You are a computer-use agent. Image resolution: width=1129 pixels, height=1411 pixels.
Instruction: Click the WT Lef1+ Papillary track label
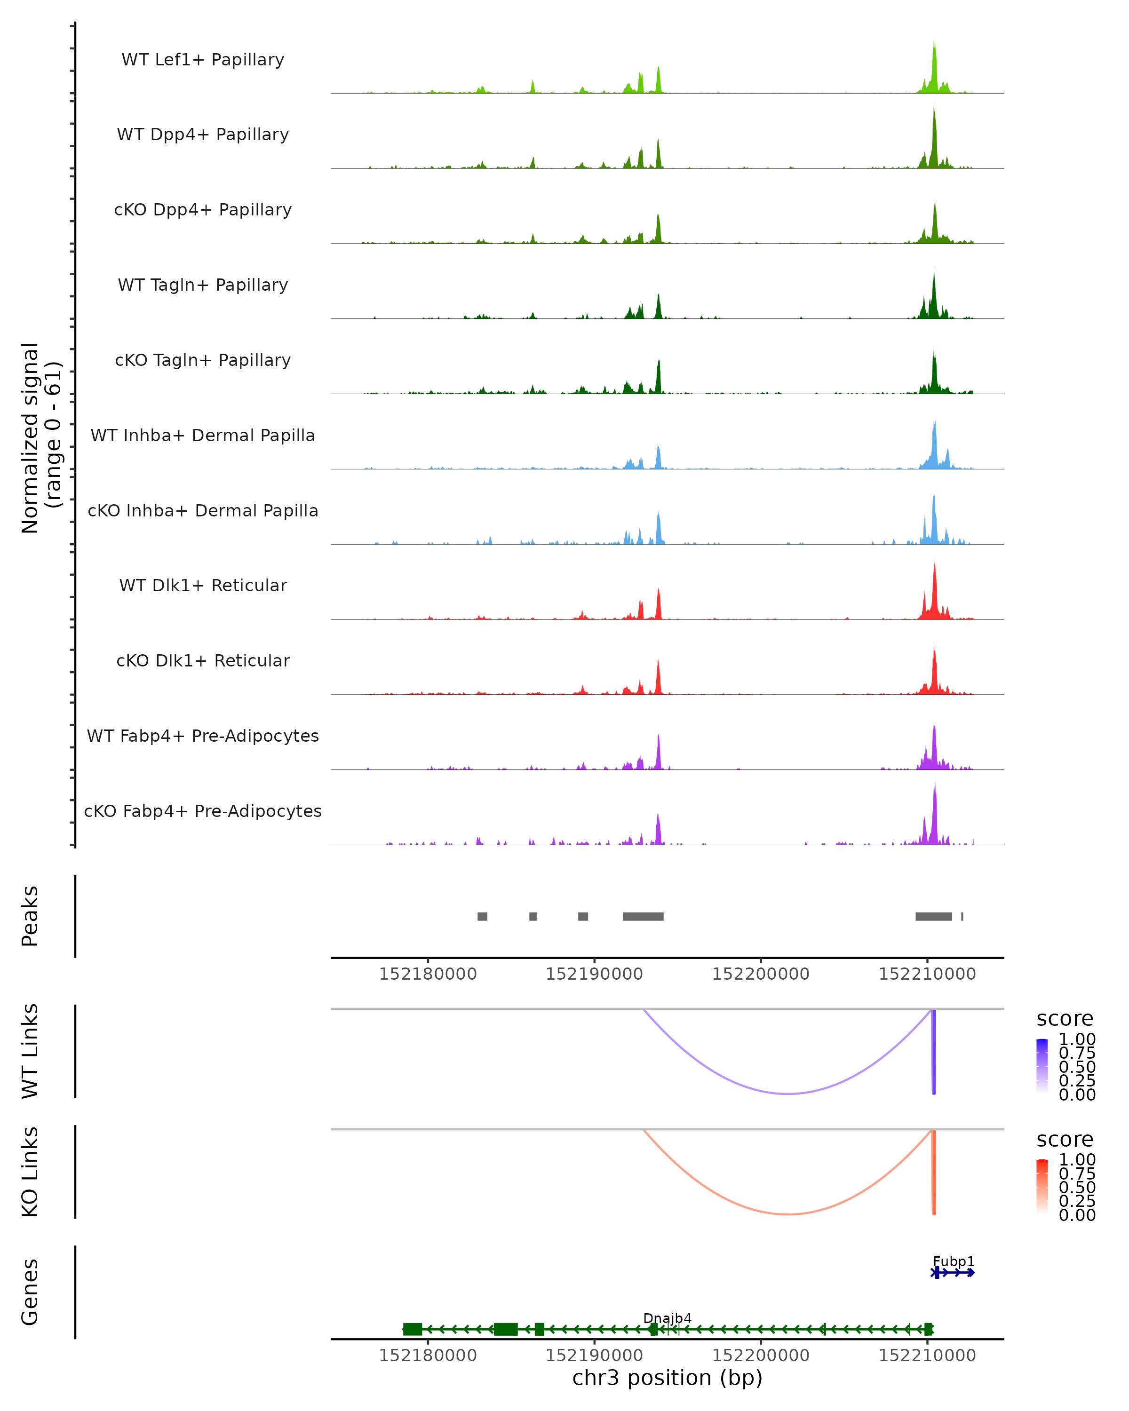tap(203, 60)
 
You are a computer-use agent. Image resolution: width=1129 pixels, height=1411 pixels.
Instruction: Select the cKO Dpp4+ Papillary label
tap(203, 210)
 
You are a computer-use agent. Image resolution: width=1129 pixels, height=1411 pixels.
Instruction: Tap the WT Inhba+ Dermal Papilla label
tap(203, 436)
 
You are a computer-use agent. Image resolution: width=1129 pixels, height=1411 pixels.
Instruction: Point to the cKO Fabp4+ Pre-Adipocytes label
tap(203, 811)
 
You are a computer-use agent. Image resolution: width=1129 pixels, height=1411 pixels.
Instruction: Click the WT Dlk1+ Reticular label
tap(203, 586)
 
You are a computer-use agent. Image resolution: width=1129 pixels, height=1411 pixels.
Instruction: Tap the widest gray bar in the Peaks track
tap(643, 916)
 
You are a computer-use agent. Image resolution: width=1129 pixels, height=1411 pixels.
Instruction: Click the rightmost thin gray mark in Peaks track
tap(962, 916)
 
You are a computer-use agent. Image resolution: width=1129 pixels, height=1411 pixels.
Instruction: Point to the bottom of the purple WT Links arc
tap(789, 1093)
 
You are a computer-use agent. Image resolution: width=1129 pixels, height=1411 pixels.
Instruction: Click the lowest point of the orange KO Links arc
tap(789, 1214)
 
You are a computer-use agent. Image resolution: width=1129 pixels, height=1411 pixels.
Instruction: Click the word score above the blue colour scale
tap(1064, 1019)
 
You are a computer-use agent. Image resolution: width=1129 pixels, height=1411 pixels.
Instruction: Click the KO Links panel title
tap(30, 1172)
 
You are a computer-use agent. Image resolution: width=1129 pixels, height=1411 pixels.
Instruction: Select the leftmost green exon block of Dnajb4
tap(413, 1329)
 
